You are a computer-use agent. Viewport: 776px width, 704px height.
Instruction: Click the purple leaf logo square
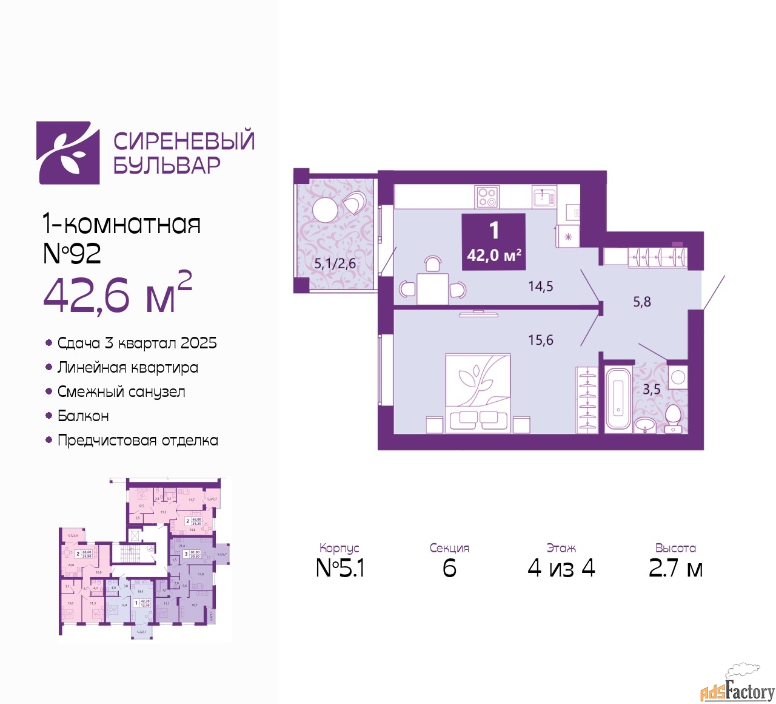point(68,153)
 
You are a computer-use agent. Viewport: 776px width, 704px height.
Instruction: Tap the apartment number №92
point(72,253)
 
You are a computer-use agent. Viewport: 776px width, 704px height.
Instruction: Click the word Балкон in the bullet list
point(83,416)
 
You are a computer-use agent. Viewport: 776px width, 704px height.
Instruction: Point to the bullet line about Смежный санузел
point(121,392)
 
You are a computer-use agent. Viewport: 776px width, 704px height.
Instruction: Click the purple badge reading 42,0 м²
point(493,242)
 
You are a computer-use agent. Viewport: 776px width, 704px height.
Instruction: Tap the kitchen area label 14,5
point(540,286)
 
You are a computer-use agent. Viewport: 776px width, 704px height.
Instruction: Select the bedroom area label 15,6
point(540,340)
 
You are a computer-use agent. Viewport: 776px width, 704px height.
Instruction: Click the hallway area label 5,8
point(641,302)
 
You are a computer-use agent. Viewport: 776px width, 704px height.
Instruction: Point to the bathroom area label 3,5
point(651,390)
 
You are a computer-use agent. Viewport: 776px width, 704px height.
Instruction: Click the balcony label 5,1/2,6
point(335,264)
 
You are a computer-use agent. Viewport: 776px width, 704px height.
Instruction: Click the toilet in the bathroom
point(673,419)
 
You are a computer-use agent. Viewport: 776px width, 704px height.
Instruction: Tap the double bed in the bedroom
point(478,393)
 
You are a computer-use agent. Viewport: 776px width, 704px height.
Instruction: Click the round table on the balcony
point(325,211)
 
